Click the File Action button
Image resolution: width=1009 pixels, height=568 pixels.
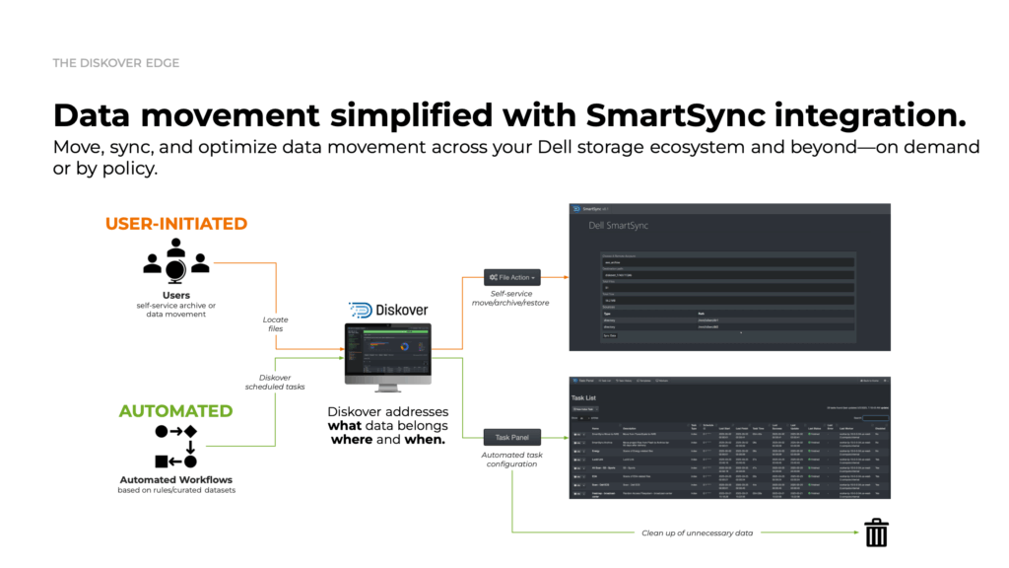coord(511,278)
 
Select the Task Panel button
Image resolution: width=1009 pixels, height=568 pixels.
coord(511,437)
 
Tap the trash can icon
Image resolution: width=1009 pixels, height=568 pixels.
coord(876,532)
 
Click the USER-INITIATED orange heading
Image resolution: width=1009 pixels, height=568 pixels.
coord(176,224)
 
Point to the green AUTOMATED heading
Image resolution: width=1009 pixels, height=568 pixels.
coord(176,411)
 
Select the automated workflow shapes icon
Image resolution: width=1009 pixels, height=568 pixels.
coord(176,447)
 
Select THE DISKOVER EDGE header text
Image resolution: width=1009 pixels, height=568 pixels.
coord(116,63)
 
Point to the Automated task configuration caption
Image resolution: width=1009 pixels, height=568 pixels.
coord(511,459)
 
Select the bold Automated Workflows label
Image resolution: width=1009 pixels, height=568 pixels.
coord(176,480)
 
